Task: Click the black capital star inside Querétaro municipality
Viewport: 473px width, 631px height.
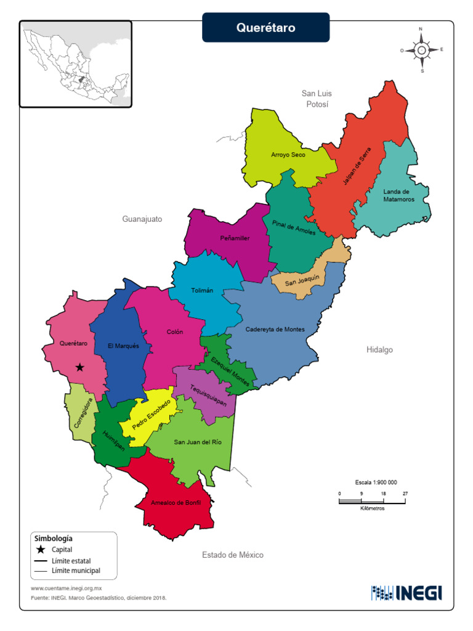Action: [79, 367]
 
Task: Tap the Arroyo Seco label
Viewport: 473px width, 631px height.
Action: [288, 155]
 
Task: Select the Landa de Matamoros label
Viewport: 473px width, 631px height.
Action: [398, 195]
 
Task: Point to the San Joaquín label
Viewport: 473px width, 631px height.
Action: [302, 280]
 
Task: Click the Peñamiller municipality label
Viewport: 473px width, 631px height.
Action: [235, 238]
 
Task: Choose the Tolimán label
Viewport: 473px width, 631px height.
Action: [202, 290]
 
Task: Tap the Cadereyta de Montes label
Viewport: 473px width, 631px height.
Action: [275, 329]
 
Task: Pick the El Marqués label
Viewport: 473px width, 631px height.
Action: [123, 346]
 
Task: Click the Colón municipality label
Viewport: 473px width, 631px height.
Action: [175, 332]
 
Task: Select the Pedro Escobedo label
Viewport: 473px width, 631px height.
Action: [151, 414]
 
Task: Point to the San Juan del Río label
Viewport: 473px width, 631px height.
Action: [198, 442]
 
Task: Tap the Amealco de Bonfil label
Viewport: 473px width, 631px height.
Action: [176, 503]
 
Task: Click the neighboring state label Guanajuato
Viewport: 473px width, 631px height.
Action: [142, 219]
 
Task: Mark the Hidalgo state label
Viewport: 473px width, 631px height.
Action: [379, 349]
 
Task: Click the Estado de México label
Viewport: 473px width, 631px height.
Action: [233, 555]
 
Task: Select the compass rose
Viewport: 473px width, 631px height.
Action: [422, 50]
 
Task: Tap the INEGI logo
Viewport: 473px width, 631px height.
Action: [406, 593]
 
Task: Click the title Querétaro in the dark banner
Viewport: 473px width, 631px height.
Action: [266, 28]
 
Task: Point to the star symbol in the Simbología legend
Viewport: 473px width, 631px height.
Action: [41, 549]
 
